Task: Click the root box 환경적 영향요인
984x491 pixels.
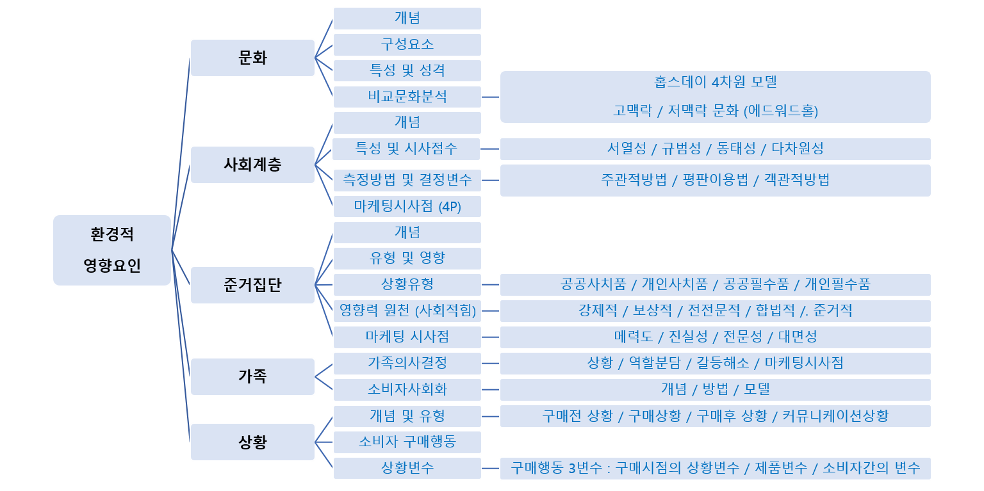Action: click(112, 250)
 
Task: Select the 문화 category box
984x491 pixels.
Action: click(252, 58)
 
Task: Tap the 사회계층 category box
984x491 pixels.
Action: click(252, 165)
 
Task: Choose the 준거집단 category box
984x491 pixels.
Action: click(252, 286)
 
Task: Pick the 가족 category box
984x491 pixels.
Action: click(252, 376)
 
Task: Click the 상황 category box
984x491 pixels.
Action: click(252, 442)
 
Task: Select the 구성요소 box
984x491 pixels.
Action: click(407, 45)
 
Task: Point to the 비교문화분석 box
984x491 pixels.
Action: click(407, 97)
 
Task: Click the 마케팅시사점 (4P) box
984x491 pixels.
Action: click(407, 206)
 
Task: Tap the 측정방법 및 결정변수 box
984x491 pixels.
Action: click(407, 181)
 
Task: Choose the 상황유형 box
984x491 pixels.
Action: click(407, 285)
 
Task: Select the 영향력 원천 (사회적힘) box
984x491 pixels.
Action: click(407, 311)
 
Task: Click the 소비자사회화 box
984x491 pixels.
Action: click(407, 390)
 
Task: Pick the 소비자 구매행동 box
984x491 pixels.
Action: click(407, 442)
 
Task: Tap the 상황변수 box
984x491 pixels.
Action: click(407, 468)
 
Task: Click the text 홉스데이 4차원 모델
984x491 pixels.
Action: click(715, 82)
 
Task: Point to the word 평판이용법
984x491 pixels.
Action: click(715, 179)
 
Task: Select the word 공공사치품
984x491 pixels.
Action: click(593, 284)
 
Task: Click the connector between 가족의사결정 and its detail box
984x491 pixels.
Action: click(490, 364)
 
